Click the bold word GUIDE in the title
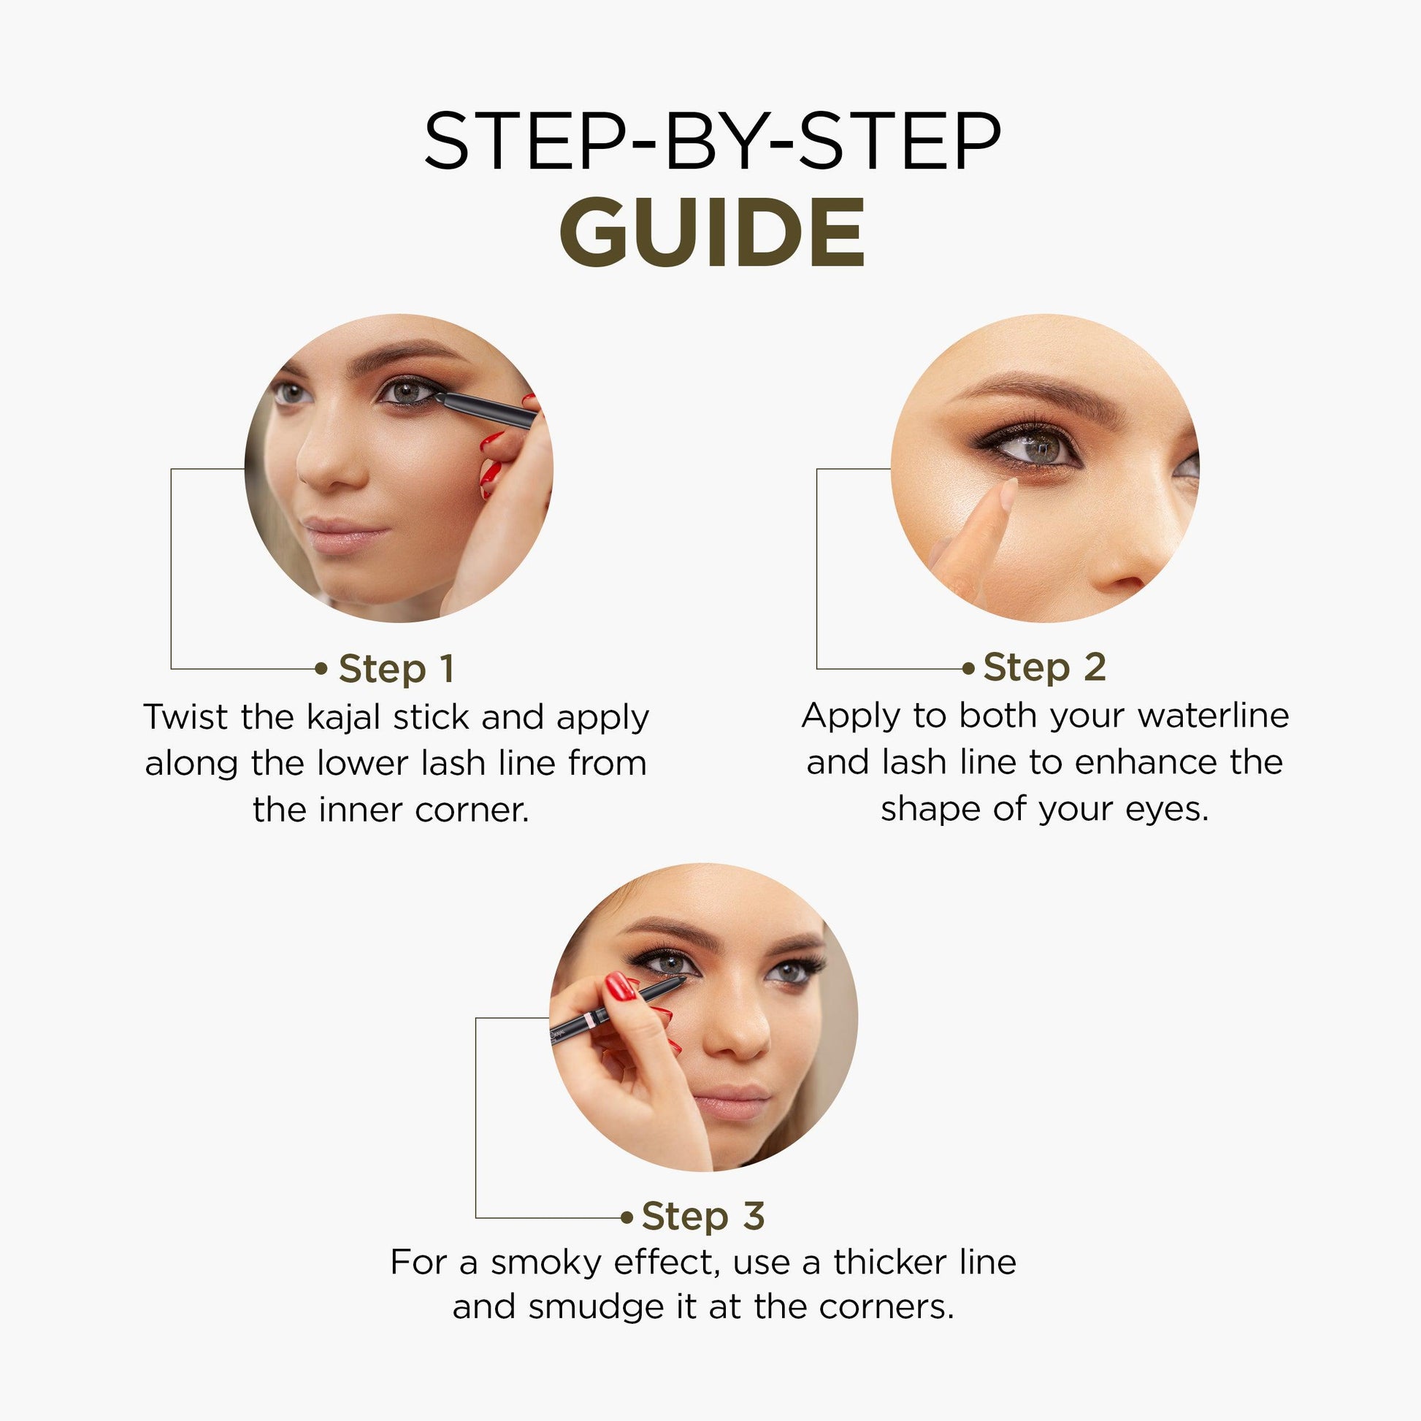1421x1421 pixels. tap(712, 233)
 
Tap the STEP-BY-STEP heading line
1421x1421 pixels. tap(712, 141)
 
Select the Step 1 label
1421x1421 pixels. tap(397, 670)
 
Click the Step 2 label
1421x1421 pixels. tap(1044, 668)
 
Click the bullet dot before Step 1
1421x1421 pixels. tap(321, 669)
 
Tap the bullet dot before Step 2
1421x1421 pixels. tap(969, 669)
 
